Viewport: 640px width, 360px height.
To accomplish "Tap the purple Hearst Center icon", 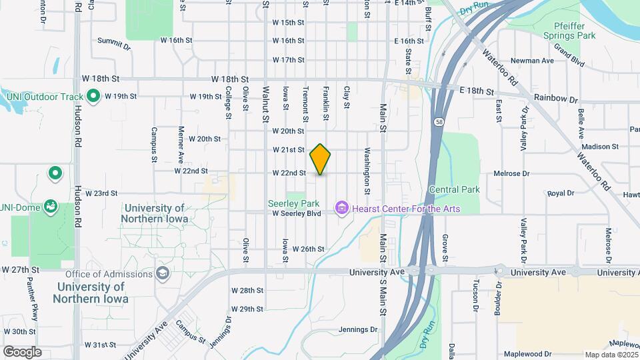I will click(343, 209).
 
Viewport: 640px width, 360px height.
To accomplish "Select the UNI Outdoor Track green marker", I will click(94, 96).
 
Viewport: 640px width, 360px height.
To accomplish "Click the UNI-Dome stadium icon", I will click(50, 207).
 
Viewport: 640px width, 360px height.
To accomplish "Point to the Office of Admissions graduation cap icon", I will click(162, 273).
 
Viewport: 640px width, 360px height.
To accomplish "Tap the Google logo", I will click(22, 351).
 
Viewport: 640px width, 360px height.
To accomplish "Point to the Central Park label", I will click(455, 189).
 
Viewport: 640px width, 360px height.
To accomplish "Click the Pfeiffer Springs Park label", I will click(569, 31).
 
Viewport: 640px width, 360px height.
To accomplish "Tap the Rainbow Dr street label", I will click(555, 99).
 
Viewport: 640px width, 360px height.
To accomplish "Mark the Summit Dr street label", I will click(114, 44).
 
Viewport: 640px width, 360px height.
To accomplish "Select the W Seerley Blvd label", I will click(297, 213).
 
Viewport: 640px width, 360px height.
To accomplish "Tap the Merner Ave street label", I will click(181, 145).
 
